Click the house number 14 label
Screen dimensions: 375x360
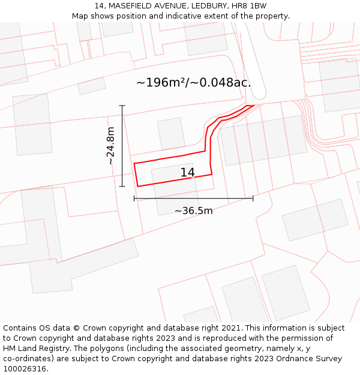click(187, 173)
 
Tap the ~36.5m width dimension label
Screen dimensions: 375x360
click(193, 211)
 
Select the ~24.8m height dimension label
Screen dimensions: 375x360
click(110, 146)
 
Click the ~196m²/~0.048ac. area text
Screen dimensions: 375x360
click(193, 83)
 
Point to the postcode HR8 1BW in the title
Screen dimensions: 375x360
click(250, 5)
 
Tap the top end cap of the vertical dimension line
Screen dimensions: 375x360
click(122, 106)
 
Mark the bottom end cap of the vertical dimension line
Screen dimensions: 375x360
click(122, 187)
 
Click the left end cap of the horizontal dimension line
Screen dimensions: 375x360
click(134, 198)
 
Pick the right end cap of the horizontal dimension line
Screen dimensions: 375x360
click(253, 198)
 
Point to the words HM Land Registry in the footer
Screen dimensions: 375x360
click(33, 349)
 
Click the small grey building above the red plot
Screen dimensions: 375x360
click(172, 133)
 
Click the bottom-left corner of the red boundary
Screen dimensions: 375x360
click(137, 186)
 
